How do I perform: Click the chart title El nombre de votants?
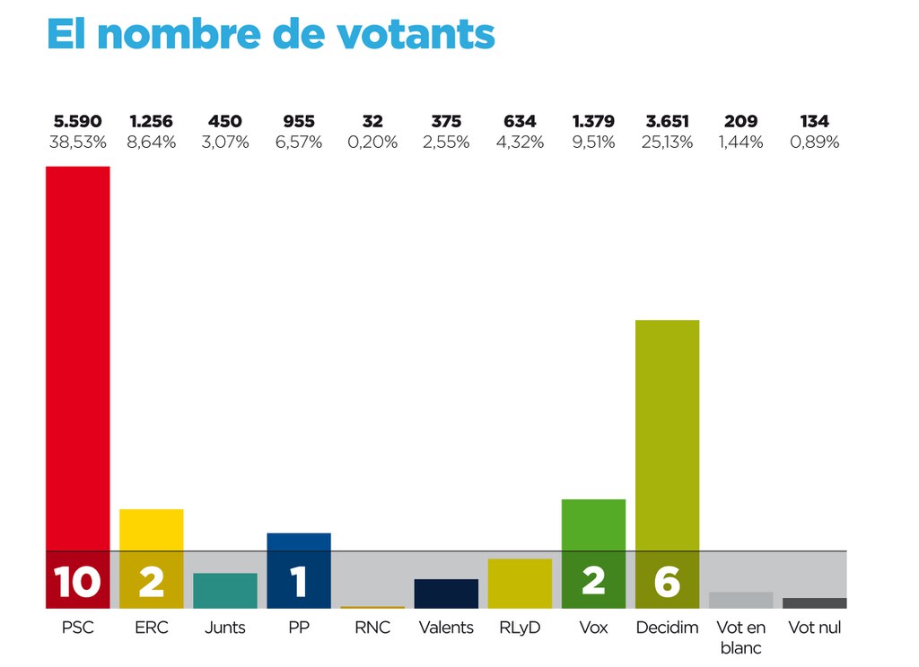[270, 34]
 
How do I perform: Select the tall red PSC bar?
[78, 359]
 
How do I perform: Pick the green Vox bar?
[593, 525]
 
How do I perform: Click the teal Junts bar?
[225, 591]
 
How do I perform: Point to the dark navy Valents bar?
[446, 593]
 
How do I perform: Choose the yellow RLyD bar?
[520, 584]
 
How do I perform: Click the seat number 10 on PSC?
[78, 582]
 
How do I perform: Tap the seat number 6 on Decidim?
[667, 582]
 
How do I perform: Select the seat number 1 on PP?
[299, 582]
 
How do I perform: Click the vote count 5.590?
[78, 121]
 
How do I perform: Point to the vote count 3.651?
[667, 121]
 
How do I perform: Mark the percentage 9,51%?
[593, 142]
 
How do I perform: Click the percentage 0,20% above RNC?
[372, 142]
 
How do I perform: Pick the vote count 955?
[299, 121]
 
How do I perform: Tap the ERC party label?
[152, 628]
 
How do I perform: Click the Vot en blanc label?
[740, 637]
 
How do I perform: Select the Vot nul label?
[814, 628]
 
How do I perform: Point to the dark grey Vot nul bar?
[814, 603]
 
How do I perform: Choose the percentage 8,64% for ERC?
[152, 142]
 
